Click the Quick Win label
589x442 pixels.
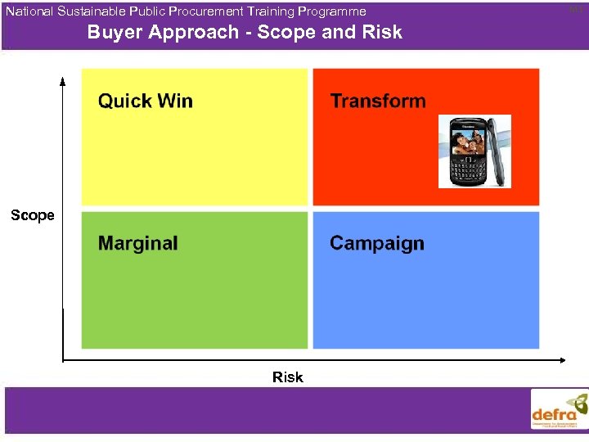(x=146, y=101)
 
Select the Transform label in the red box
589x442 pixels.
(x=378, y=101)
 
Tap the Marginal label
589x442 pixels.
(x=137, y=243)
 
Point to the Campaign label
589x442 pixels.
(x=377, y=244)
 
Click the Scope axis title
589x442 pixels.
(x=33, y=215)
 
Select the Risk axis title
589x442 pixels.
(x=288, y=377)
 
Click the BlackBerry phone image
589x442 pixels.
(x=474, y=151)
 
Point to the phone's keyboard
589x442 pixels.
(x=469, y=170)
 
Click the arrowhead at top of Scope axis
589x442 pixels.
(x=62, y=80)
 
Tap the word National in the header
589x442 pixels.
(x=29, y=11)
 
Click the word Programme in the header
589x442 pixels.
(x=335, y=11)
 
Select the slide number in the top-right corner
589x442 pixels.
(x=576, y=8)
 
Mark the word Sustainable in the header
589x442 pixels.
(x=91, y=11)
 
